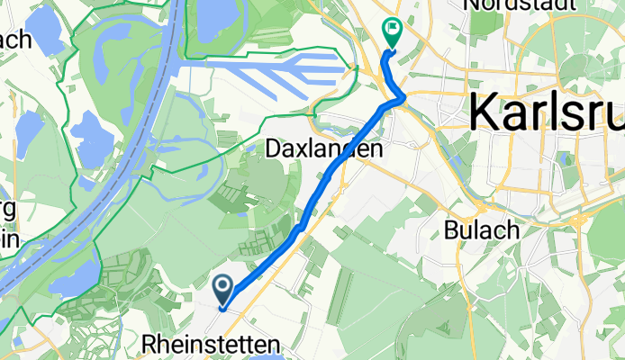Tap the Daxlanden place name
click(325, 149)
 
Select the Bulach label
click(482, 229)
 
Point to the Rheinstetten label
click(211, 343)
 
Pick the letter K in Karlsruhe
click(484, 113)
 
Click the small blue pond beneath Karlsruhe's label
click(565, 159)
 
